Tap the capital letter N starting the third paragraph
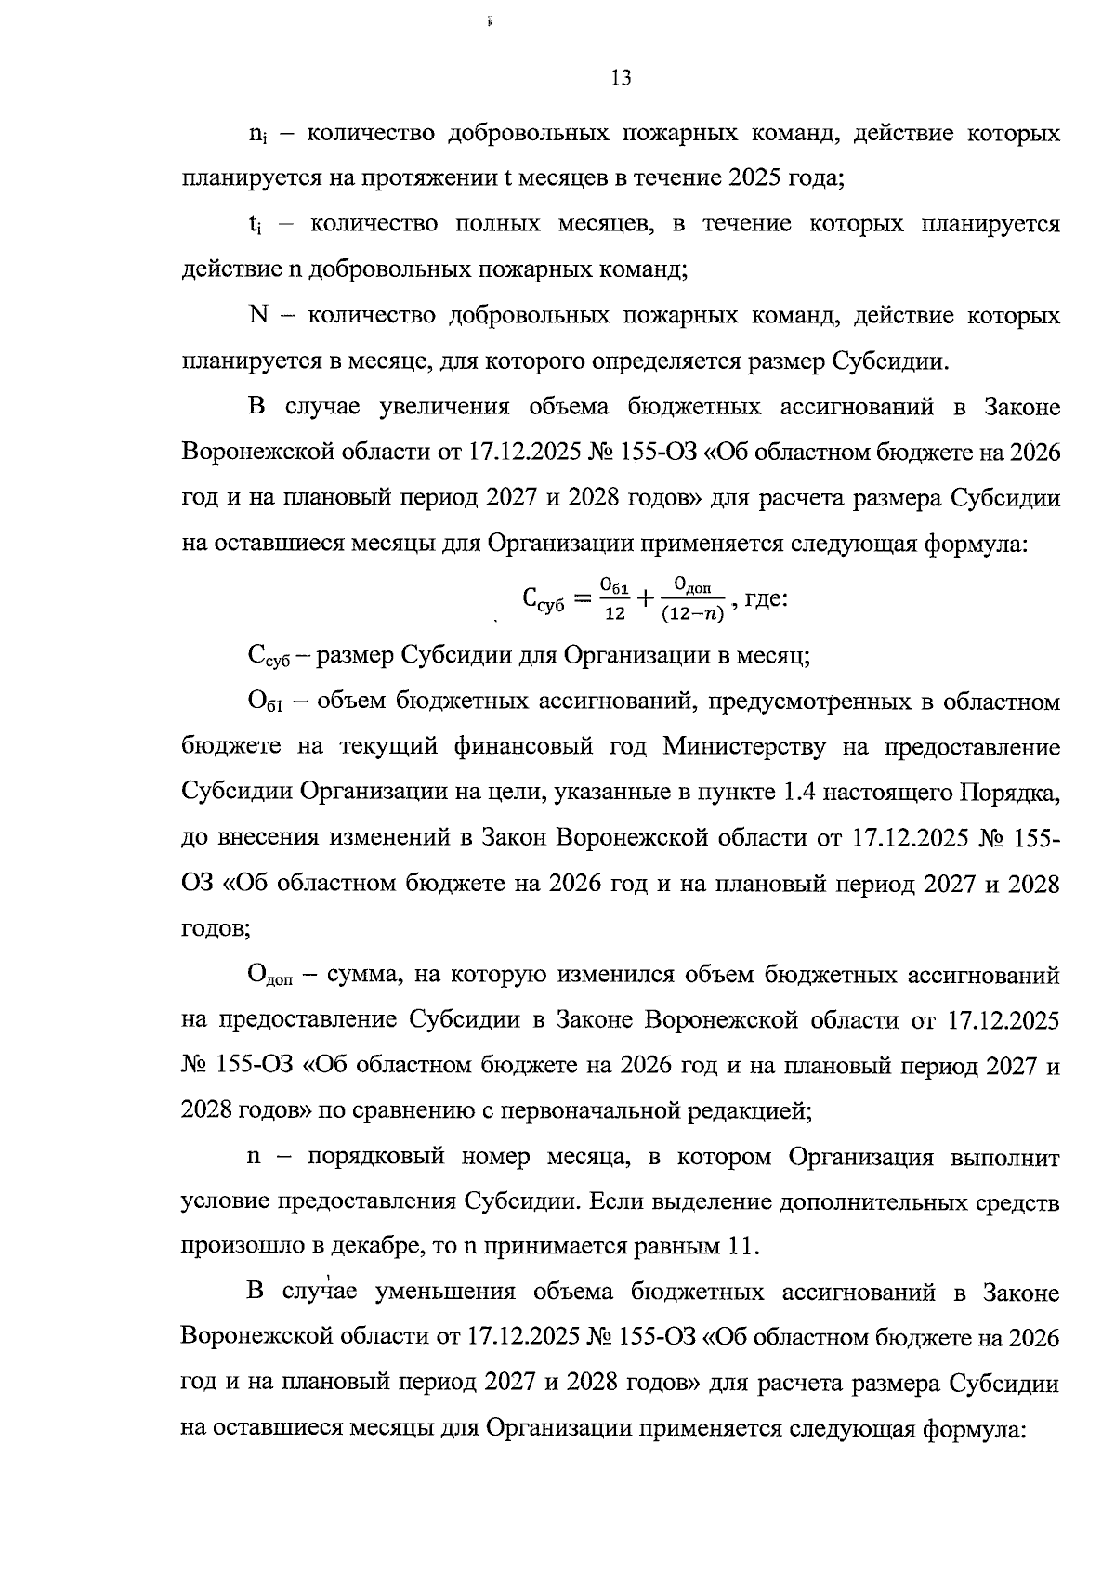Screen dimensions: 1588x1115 258,316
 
